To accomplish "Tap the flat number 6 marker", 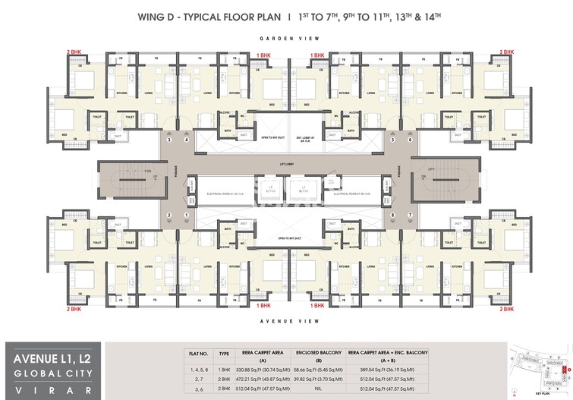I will [411, 140].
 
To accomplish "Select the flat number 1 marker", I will [186, 216].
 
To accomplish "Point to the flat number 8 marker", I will [392, 216].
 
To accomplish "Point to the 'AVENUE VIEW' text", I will [287, 321].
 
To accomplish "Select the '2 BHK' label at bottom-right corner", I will [506, 309].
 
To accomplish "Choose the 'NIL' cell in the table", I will [329, 387].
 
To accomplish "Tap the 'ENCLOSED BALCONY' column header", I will [329, 353].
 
